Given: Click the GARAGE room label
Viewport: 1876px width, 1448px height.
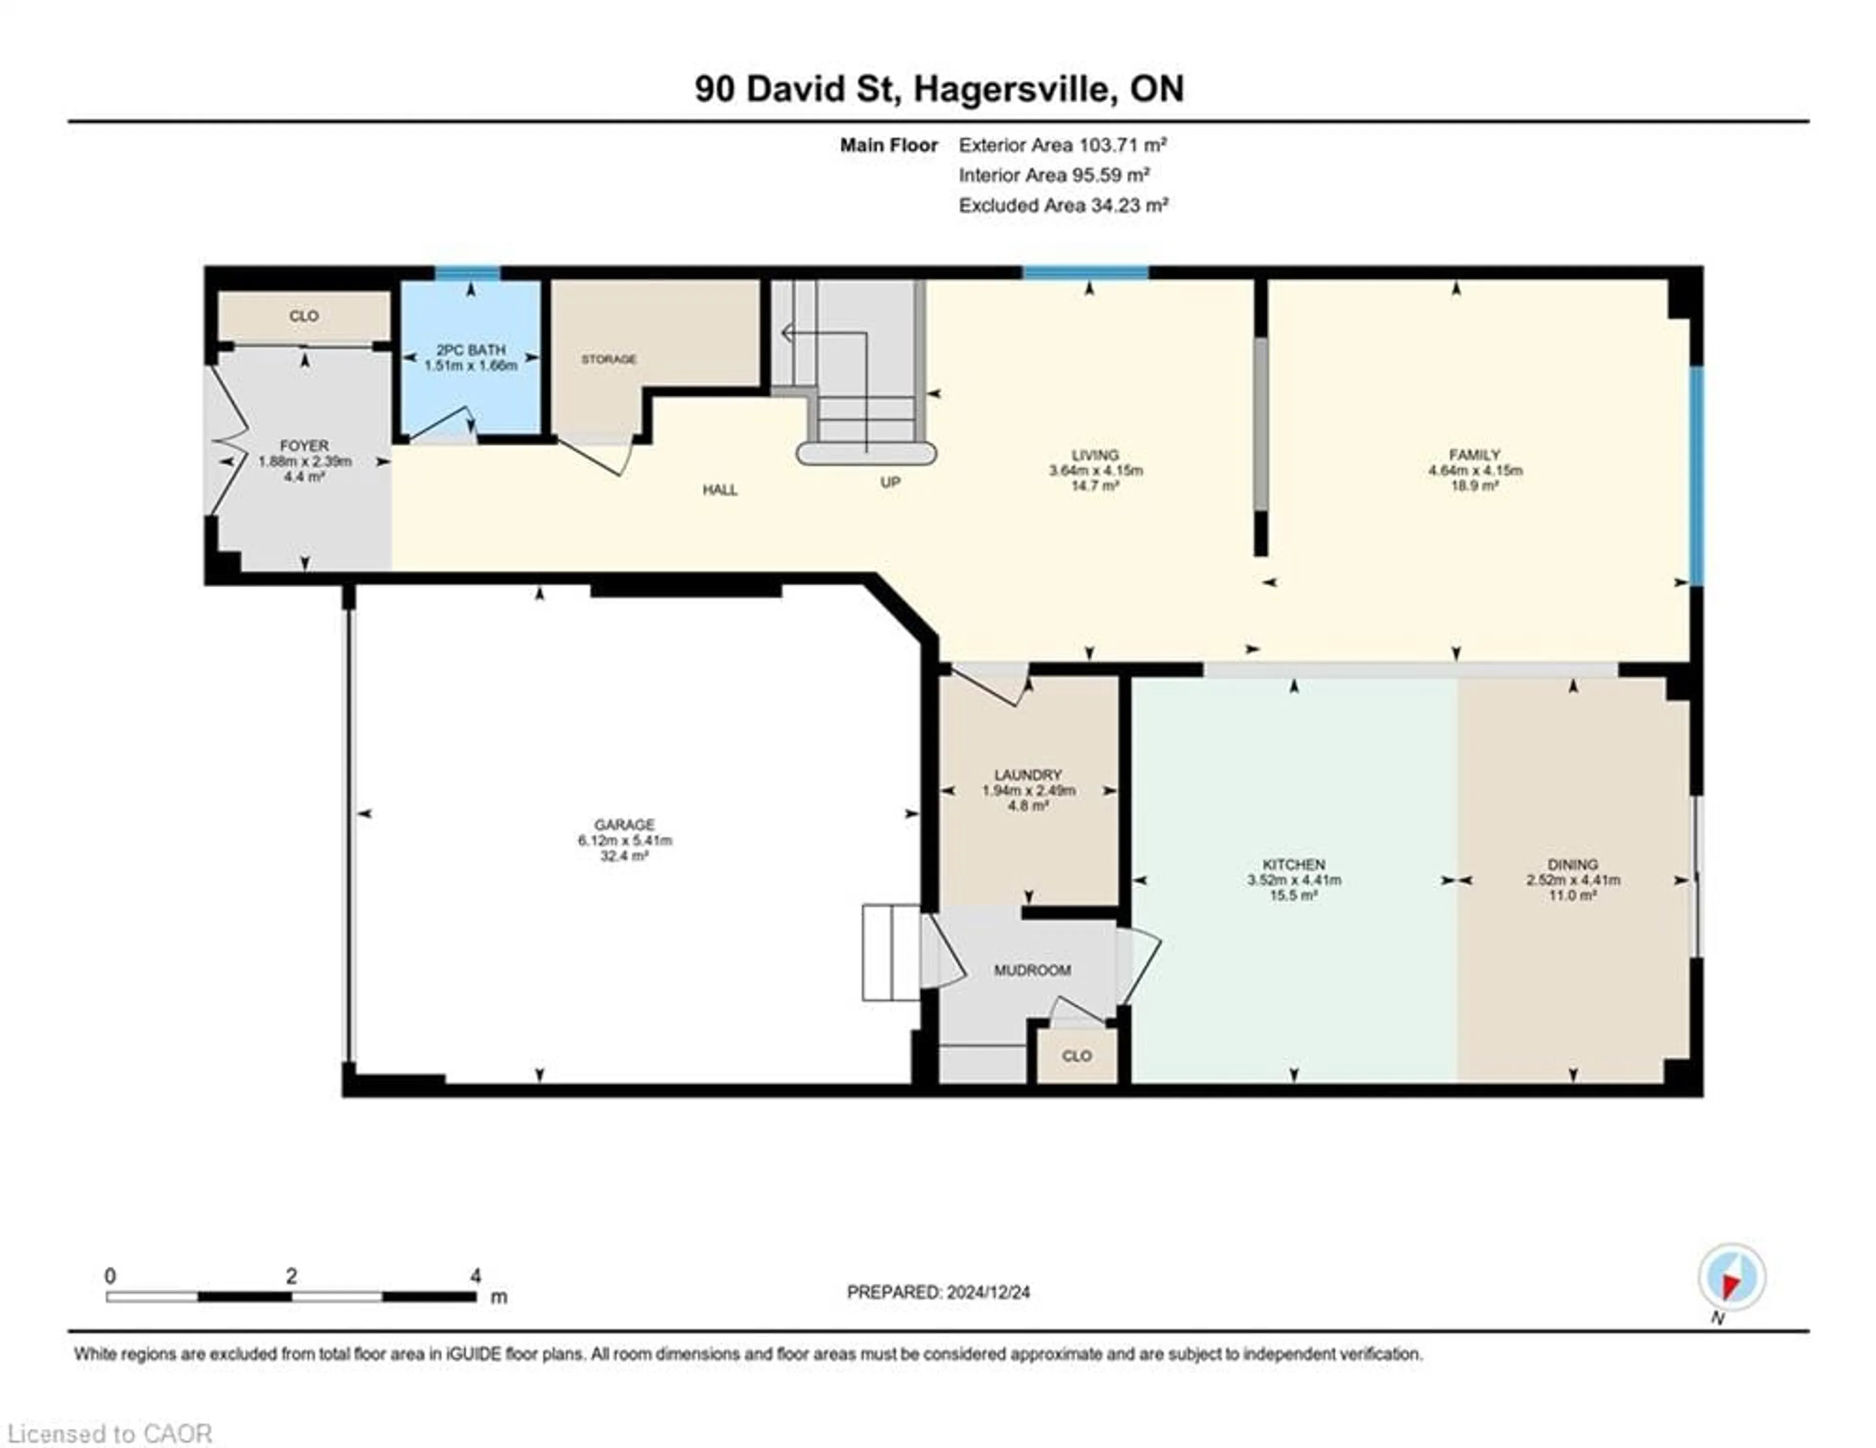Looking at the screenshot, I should coord(624,825).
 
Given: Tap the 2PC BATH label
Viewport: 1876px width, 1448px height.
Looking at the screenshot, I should coord(471,350).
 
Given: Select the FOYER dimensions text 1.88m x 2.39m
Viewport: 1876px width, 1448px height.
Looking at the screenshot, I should coord(305,461).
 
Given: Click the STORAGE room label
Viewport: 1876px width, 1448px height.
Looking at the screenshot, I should coord(609,359).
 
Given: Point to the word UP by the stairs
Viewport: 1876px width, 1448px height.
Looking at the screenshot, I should coord(890,483).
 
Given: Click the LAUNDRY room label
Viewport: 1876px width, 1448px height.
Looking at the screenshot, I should coord(1028,775).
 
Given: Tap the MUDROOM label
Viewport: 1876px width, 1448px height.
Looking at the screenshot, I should coord(1032,971).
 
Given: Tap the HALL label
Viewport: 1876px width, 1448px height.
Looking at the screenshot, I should coord(720,490).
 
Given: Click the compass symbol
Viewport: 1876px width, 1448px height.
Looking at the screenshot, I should coord(1732,1277).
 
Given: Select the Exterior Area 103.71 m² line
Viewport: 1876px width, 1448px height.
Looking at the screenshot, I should coord(1063,145).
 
